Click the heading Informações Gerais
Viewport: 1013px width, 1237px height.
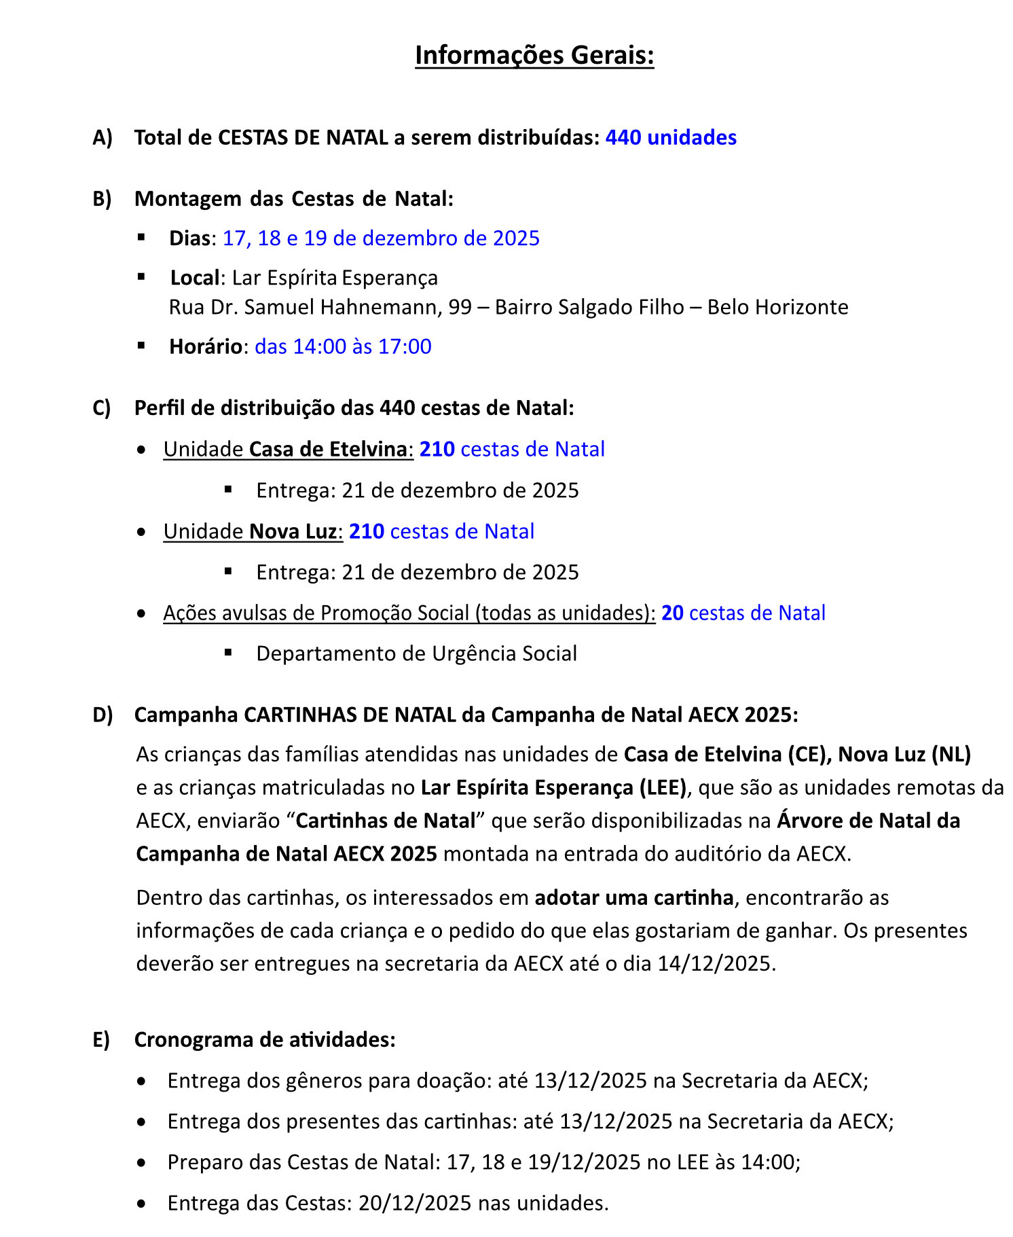click(x=534, y=55)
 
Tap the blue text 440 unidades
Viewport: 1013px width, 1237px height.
click(x=671, y=137)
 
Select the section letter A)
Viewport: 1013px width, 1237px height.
click(x=103, y=138)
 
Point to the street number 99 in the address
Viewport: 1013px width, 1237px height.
click(x=460, y=307)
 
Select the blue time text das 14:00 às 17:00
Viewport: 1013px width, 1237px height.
click(x=343, y=346)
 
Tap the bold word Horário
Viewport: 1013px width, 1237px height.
click(x=206, y=346)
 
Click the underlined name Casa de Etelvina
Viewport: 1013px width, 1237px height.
click(x=328, y=449)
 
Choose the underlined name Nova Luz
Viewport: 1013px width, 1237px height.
click(x=293, y=531)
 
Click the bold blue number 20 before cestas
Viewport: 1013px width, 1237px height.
click(x=672, y=613)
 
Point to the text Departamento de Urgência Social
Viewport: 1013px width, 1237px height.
click(x=416, y=653)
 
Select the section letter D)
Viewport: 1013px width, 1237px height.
click(x=103, y=715)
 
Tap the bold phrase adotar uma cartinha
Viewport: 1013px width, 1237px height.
click(x=634, y=897)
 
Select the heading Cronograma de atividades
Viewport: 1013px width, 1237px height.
click(x=265, y=1039)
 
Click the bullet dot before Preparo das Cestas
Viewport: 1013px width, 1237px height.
click(x=141, y=1163)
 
